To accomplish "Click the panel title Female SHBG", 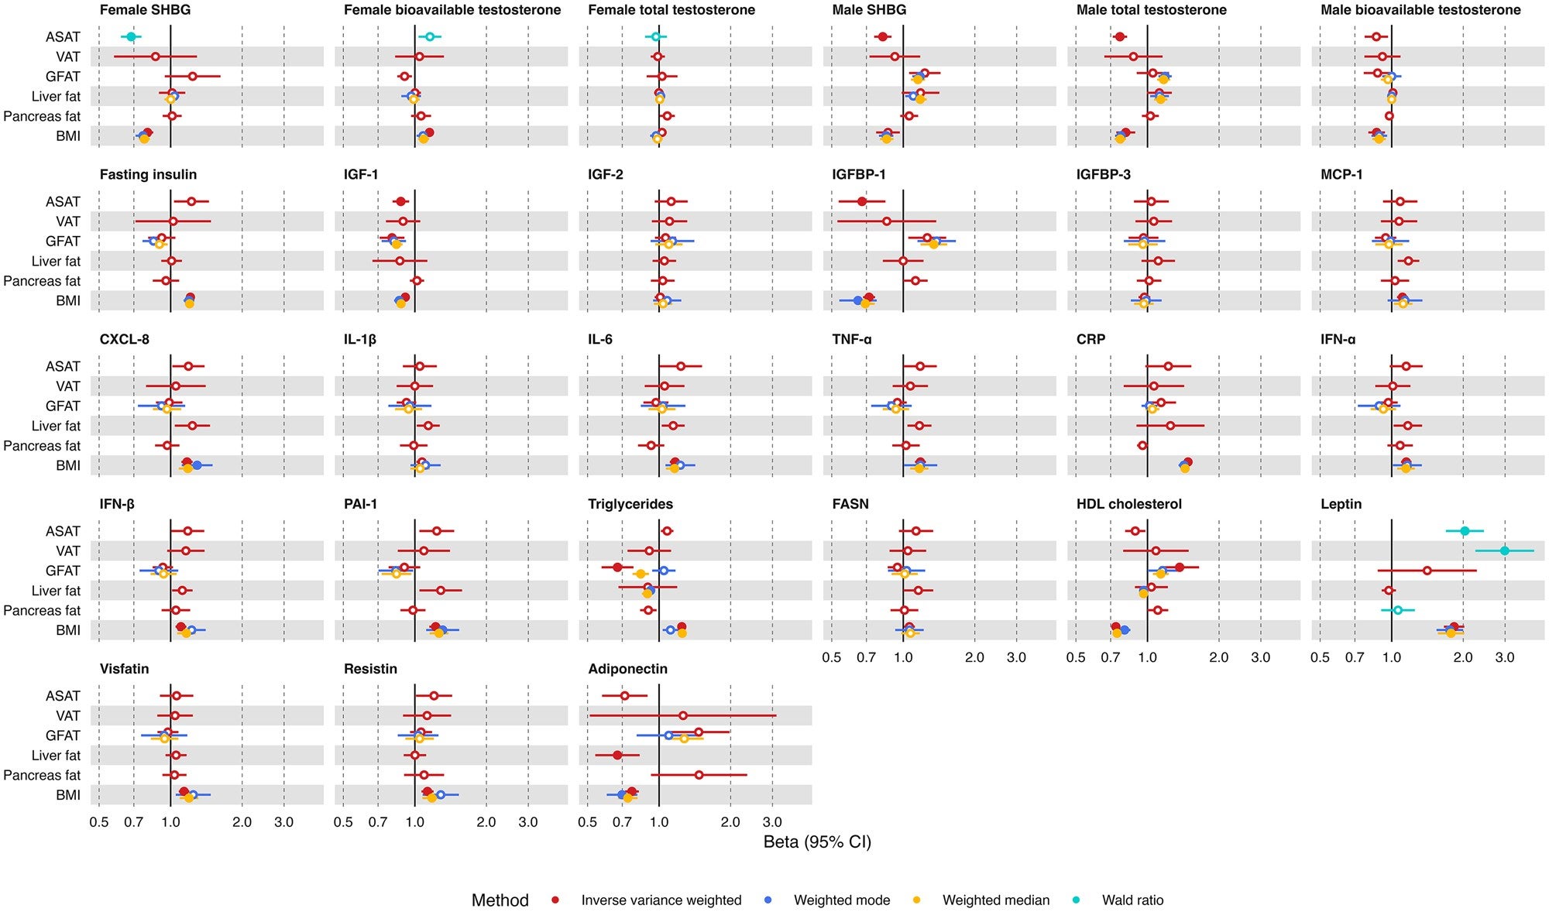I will click(x=145, y=10).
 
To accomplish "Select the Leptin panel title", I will click(x=1341, y=504).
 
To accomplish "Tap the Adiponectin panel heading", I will click(x=627, y=669).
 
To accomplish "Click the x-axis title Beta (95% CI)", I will click(x=817, y=842).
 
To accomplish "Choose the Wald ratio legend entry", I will click(x=1132, y=900).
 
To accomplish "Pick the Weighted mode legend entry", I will click(x=841, y=900).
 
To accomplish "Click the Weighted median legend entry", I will click(x=995, y=900).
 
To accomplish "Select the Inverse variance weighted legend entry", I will click(x=661, y=900).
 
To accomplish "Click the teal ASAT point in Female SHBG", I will click(x=131, y=37).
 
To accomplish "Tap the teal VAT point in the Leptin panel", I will click(x=1504, y=551).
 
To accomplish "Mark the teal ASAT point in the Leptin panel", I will click(x=1465, y=531).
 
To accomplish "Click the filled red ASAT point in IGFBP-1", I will click(x=862, y=201).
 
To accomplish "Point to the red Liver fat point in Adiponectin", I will click(x=617, y=755).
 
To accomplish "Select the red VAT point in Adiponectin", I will click(x=682, y=715).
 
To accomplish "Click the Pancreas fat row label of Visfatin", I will click(x=42, y=775).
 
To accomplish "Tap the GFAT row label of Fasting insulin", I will click(x=63, y=242).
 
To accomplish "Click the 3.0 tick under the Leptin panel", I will click(x=1505, y=657).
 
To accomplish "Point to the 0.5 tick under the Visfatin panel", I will click(x=99, y=822).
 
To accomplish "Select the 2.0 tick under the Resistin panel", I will click(x=486, y=822).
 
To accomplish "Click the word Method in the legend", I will click(x=500, y=900).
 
